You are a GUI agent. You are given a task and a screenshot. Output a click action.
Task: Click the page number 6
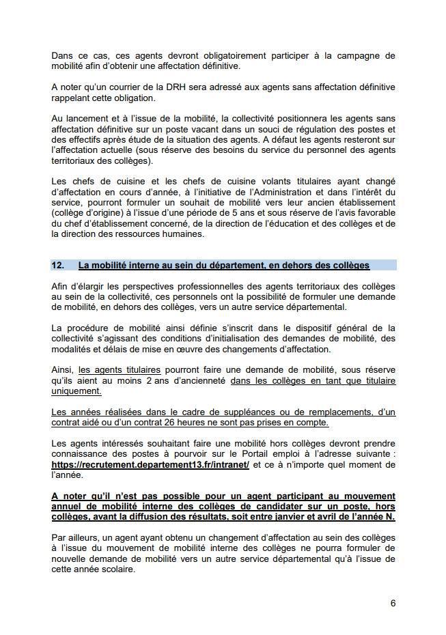click(393, 603)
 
